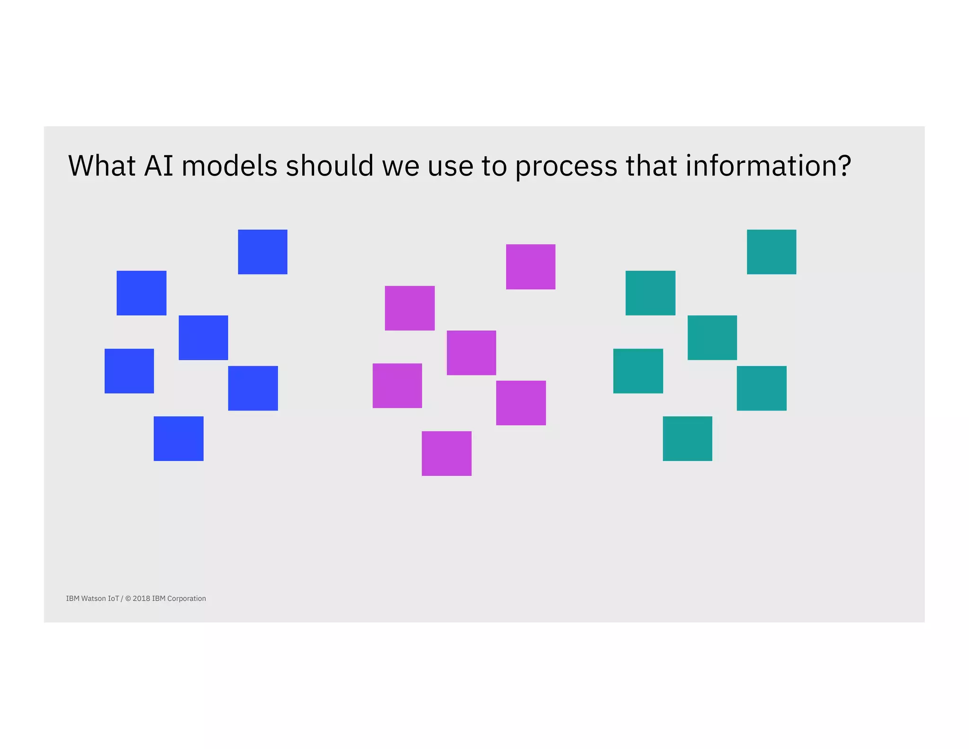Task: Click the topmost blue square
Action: pyautogui.click(x=263, y=252)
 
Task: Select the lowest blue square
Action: pyautogui.click(x=178, y=438)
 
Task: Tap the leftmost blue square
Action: pyautogui.click(x=129, y=371)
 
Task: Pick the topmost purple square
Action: pyautogui.click(x=530, y=267)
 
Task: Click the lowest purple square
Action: pyautogui.click(x=447, y=453)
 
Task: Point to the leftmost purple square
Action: pyautogui.click(x=397, y=385)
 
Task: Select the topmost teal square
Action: pyautogui.click(x=771, y=252)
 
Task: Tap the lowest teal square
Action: pyautogui.click(x=687, y=438)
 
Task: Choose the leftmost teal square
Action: pyautogui.click(x=638, y=371)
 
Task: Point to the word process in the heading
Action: pyautogui.click(x=566, y=167)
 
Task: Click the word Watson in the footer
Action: pyautogui.click(x=94, y=598)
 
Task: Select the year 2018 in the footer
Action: pyautogui.click(x=141, y=598)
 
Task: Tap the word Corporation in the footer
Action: pyautogui.click(x=186, y=598)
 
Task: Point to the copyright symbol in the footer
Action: pyautogui.click(x=128, y=598)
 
